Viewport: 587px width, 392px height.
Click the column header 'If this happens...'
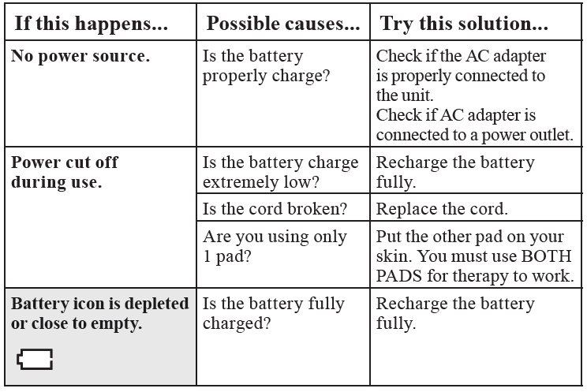pos(91,24)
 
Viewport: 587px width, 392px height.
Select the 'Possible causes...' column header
pos(283,23)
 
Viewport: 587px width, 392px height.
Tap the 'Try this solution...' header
pos(464,24)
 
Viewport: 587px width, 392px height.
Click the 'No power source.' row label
pos(80,56)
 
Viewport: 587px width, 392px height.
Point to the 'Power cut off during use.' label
pos(65,172)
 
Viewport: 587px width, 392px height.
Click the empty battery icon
pos(35,360)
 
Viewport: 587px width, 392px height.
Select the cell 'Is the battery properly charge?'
pos(266,66)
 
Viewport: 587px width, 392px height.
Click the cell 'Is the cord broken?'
pos(275,209)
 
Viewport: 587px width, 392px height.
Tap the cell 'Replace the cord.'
pos(442,209)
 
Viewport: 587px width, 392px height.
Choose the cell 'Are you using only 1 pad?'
pos(275,247)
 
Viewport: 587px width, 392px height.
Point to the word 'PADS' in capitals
pos(399,276)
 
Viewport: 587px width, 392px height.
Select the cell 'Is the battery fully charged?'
pos(273,314)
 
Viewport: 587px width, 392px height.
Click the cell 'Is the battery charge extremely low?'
pos(280,173)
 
